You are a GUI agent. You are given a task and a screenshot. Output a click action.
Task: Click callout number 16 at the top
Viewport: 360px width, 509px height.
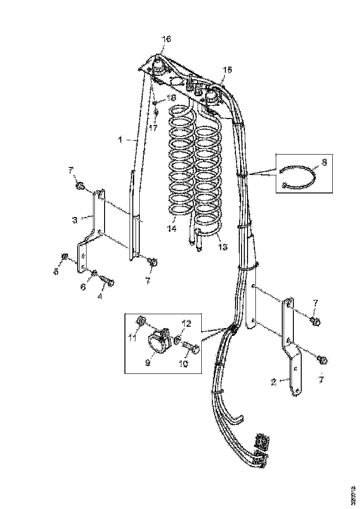[x=166, y=39]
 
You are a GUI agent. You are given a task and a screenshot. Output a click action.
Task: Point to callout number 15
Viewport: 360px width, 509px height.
[x=228, y=70]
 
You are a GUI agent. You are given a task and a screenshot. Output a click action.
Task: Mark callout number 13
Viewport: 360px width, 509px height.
[x=223, y=247]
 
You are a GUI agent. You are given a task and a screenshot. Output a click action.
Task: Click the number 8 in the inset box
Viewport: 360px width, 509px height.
[x=323, y=162]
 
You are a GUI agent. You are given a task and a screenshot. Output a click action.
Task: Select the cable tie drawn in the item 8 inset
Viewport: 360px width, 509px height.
[x=298, y=178]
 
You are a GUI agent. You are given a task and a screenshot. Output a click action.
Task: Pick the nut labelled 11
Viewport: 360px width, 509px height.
[x=142, y=320]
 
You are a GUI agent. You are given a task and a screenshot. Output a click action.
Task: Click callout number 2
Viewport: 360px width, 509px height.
[x=273, y=382]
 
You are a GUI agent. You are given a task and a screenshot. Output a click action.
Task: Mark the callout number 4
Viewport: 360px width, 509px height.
[x=100, y=296]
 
